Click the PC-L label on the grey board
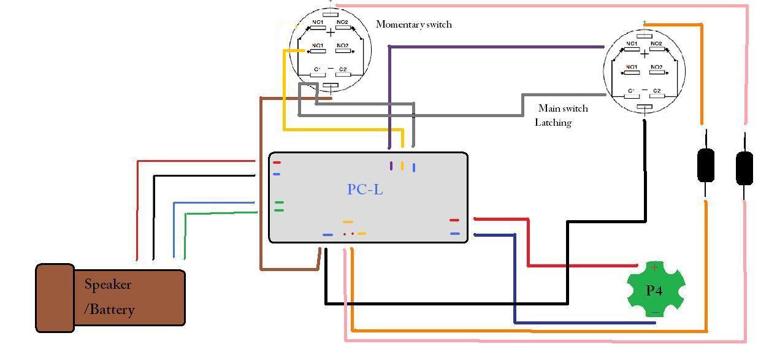[365, 190]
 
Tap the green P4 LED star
[654, 289]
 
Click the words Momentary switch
[413, 25]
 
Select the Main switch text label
[563, 109]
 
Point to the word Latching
[553, 123]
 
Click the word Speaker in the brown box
[108, 285]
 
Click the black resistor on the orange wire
[706, 164]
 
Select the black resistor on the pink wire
[744, 168]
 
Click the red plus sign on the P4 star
[654, 267]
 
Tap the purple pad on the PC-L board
[391, 166]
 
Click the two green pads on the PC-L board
[279, 206]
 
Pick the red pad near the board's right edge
[454, 220]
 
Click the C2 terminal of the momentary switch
[342, 71]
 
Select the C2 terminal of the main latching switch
[656, 91]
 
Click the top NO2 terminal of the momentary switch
[342, 23]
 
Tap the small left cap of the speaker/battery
[55, 298]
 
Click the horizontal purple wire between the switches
[497, 47]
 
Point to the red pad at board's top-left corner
[277, 163]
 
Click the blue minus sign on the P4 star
[656, 312]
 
